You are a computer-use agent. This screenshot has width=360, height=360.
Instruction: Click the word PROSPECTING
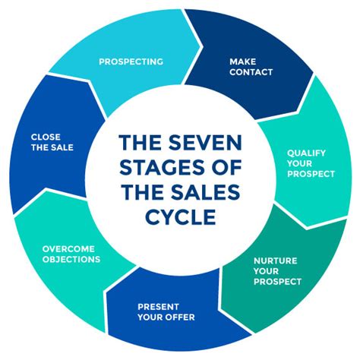[130, 62]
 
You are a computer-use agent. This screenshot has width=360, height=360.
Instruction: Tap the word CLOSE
[45, 137]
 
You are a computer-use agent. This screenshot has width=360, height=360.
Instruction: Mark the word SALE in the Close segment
[62, 147]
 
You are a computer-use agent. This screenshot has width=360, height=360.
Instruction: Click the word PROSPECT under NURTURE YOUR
[277, 281]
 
